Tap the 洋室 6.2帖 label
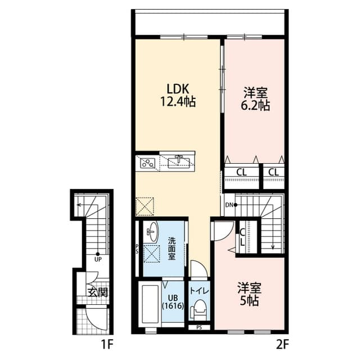coord(256,98)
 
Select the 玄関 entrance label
coord(97,292)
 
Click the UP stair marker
coord(97,259)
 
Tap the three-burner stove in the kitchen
coord(147,163)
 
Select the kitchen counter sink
coord(180,161)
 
